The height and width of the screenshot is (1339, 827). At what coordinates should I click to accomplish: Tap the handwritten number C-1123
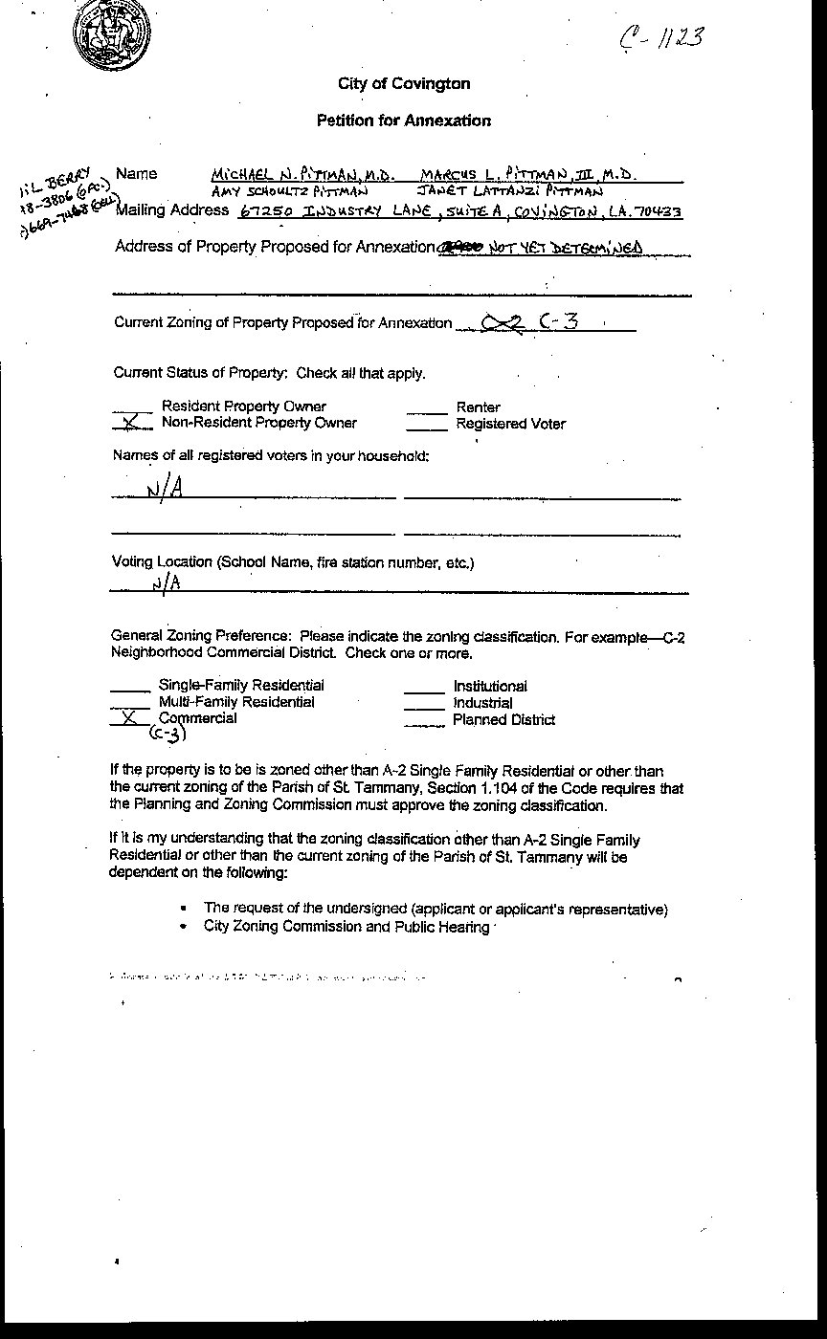pyautogui.click(x=661, y=38)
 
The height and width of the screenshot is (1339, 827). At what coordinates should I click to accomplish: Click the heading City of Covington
pyautogui.click(x=404, y=84)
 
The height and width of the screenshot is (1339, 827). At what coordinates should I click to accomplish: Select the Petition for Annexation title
pyautogui.click(x=404, y=121)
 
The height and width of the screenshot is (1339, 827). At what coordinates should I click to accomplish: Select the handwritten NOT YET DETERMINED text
pyautogui.click(x=565, y=249)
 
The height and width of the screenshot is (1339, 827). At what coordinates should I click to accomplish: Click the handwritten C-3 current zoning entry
pyautogui.click(x=559, y=321)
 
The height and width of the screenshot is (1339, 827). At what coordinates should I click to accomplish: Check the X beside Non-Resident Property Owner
pyautogui.click(x=132, y=422)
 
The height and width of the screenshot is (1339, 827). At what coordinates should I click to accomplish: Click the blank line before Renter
pyautogui.click(x=427, y=412)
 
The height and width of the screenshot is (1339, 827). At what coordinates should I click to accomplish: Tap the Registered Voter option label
pyautogui.click(x=510, y=424)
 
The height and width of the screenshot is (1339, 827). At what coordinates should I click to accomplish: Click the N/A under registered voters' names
pyautogui.click(x=164, y=490)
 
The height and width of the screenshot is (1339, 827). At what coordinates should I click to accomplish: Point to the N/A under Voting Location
pyautogui.click(x=166, y=582)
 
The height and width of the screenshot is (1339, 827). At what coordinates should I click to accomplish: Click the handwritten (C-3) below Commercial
pyautogui.click(x=167, y=734)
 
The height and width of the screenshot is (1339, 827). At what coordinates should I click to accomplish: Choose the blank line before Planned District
pyautogui.click(x=424, y=725)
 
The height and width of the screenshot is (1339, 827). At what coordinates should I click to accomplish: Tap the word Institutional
pyautogui.click(x=490, y=686)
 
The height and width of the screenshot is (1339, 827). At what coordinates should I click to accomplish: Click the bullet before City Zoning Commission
pyautogui.click(x=183, y=927)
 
